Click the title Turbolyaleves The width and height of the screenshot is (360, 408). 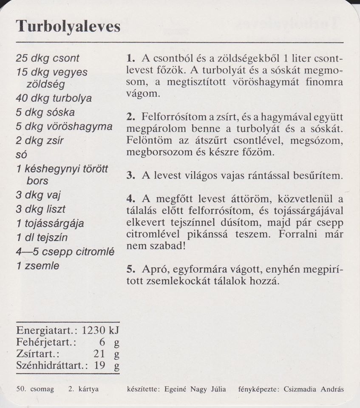click(x=68, y=26)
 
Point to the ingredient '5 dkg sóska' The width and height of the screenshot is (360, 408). click(x=45, y=113)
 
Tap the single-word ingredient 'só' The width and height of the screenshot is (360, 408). click(x=21, y=155)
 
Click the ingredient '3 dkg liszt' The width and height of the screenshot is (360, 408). click(x=41, y=209)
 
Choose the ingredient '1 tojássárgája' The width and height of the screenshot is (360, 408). click(x=50, y=223)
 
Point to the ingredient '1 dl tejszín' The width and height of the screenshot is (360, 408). click(x=42, y=237)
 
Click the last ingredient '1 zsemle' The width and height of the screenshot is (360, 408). click(x=37, y=266)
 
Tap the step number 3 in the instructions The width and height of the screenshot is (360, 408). click(x=130, y=176)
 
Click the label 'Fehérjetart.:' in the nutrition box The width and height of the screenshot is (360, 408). click(x=45, y=342)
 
